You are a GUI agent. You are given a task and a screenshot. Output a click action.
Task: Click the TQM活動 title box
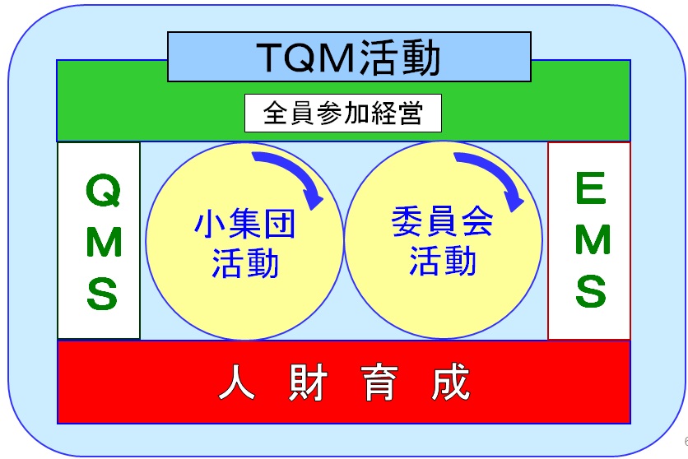(x=349, y=57)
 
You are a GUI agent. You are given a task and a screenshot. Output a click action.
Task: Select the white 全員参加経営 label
(x=343, y=114)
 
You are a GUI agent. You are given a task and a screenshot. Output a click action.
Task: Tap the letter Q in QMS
(x=104, y=190)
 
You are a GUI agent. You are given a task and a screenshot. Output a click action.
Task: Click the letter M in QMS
(x=104, y=243)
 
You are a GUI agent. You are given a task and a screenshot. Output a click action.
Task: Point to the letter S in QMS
(x=102, y=294)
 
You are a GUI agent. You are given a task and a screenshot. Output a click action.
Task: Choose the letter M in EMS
(x=593, y=239)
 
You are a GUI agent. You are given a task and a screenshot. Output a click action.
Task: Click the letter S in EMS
(x=591, y=290)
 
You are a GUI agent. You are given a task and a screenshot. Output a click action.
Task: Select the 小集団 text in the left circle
(x=244, y=224)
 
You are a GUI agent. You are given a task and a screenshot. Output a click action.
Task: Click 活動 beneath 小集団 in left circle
(x=245, y=262)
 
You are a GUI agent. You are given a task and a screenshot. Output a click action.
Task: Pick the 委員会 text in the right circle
(x=442, y=221)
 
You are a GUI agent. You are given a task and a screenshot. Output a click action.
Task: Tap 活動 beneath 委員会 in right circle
(x=443, y=261)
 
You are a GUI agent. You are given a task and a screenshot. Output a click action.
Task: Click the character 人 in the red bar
(x=237, y=382)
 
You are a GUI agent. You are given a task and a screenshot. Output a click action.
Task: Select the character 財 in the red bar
(x=309, y=382)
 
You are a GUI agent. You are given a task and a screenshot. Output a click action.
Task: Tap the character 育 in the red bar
(x=379, y=382)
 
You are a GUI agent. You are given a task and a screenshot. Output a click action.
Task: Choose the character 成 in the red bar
(x=451, y=382)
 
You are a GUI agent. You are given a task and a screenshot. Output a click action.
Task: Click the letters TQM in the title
(x=306, y=58)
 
